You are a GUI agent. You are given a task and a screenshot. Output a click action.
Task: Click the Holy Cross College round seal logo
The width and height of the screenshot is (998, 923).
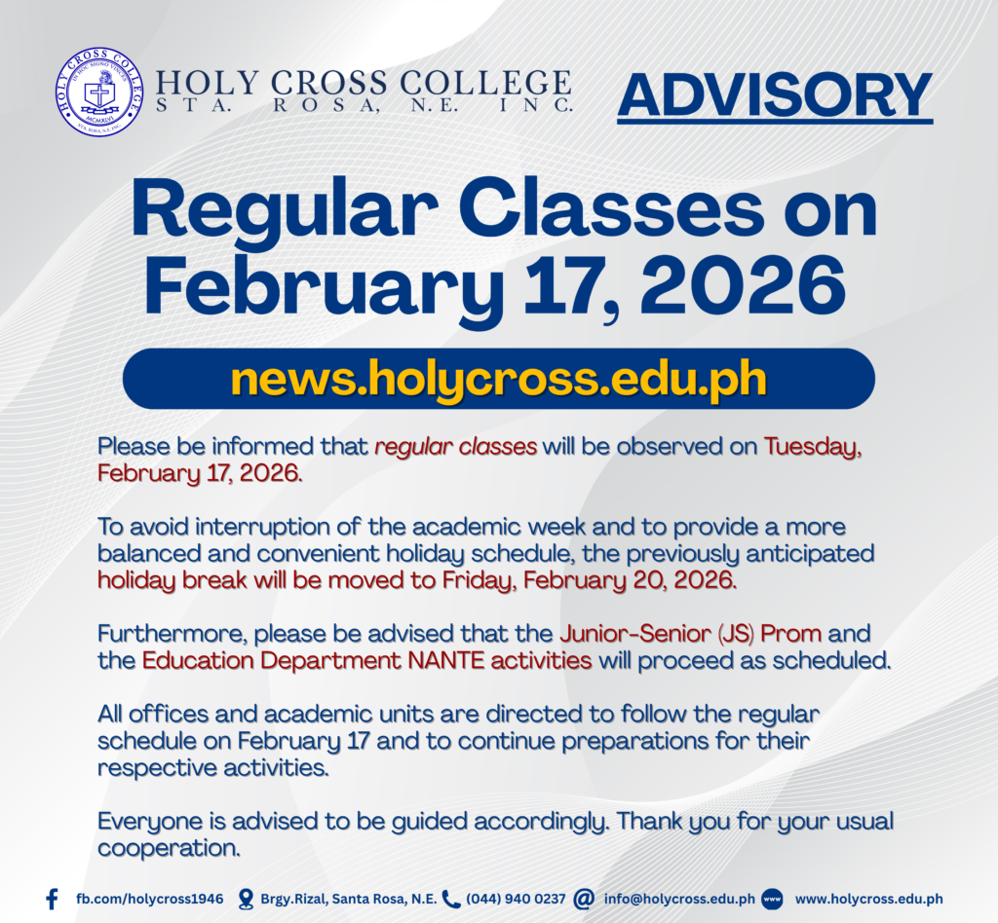pyautogui.click(x=98, y=92)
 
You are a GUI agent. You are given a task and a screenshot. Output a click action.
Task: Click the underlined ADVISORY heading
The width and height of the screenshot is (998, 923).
pyautogui.click(x=775, y=96)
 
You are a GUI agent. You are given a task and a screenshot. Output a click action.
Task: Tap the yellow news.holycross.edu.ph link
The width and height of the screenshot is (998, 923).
pyautogui.click(x=498, y=380)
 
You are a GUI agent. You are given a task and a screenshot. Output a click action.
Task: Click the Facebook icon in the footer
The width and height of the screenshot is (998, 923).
pyautogui.click(x=53, y=899)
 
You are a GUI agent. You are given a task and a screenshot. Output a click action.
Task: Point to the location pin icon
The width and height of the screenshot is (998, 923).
pyautogui.click(x=245, y=900)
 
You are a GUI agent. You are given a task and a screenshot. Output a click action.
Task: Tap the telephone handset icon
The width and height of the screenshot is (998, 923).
pyautogui.click(x=450, y=900)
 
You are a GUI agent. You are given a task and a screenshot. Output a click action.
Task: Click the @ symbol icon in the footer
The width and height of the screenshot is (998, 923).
pyautogui.click(x=583, y=899)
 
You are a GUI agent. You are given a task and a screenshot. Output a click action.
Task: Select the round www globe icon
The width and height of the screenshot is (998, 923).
pyautogui.click(x=772, y=899)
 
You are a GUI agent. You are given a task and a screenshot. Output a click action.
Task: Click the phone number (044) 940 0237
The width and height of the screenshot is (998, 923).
pyautogui.click(x=516, y=899)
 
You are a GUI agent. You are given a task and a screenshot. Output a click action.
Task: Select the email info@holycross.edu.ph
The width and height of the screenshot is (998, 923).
pyautogui.click(x=679, y=899)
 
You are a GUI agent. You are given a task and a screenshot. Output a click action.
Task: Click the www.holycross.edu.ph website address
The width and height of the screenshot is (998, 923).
pyautogui.click(x=868, y=899)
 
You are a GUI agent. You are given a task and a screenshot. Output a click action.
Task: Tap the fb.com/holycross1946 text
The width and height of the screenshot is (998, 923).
pyautogui.click(x=149, y=899)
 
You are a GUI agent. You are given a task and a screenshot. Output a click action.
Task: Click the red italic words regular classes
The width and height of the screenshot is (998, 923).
pyautogui.click(x=456, y=446)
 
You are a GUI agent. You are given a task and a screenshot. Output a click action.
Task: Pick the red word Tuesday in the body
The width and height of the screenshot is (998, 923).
pyautogui.click(x=813, y=448)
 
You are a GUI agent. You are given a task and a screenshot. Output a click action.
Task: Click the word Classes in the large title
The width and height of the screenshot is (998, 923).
pyautogui.click(x=610, y=210)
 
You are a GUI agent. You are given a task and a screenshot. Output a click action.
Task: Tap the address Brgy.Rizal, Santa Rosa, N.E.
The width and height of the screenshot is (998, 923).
pyautogui.click(x=349, y=900)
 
